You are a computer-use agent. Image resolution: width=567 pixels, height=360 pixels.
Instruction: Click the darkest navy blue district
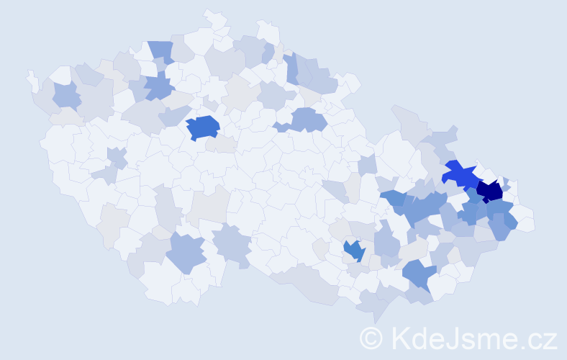pyautogui.click(x=490, y=191)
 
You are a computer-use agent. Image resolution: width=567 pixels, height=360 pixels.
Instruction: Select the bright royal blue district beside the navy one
pyautogui.click(x=460, y=175)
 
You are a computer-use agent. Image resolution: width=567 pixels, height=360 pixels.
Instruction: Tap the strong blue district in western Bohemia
pyautogui.click(x=203, y=127)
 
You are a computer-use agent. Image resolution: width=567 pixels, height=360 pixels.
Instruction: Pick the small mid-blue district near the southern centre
pyautogui.click(x=353, y=251)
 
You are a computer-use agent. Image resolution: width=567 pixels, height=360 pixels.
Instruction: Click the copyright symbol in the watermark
pyautogui.click(x=371, y=337)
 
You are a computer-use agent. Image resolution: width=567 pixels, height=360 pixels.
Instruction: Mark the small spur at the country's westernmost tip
pyautogui.click(x=32, y=79)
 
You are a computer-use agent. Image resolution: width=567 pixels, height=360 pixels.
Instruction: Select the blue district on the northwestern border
pyautogui.click(x=161, y=51)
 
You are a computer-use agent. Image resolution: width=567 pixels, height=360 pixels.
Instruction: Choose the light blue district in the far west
pyautogui.click(x=66, y=95)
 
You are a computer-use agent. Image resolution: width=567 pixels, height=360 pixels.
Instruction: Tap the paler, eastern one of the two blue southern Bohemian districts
pyautogui.click(x=232, y=243)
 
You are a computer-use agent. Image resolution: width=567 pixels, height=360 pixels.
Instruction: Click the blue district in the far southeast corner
pyautogui.click(x=420, y=274)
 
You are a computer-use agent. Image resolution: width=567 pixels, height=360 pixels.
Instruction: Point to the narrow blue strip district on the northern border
pyautogui.click(x=292, y=69)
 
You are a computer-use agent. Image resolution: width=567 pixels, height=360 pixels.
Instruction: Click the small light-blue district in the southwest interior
pyautogui.click(x=115, y=156)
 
